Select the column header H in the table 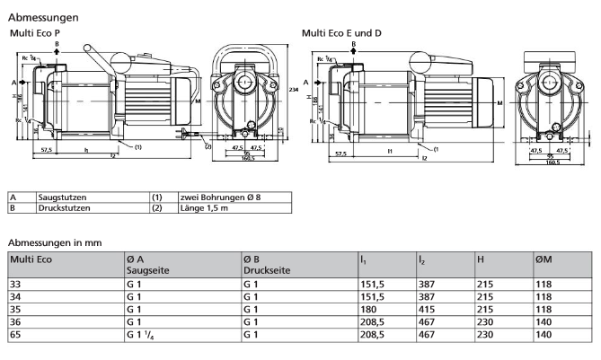(x=481, y=259)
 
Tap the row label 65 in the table (x=14, y=334)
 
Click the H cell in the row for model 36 (x=485, y=320)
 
